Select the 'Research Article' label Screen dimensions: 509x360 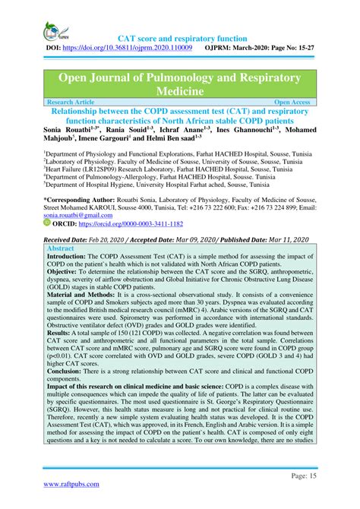tap(73, 101)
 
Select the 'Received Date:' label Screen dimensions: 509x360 tap(71, 239)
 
